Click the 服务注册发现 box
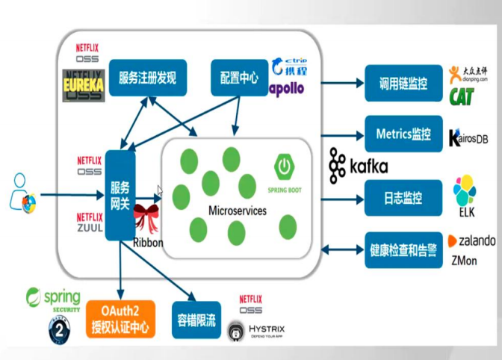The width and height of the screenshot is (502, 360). (x=147, y=77)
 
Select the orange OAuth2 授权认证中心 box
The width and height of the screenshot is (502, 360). (x=120, y=317)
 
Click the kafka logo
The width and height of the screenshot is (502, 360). (x=358, y=166)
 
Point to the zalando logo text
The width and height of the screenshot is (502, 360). (x=471, y=241)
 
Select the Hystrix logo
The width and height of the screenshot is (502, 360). (x=256, y=329)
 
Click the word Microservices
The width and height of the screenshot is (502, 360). (x=237, y=211)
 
